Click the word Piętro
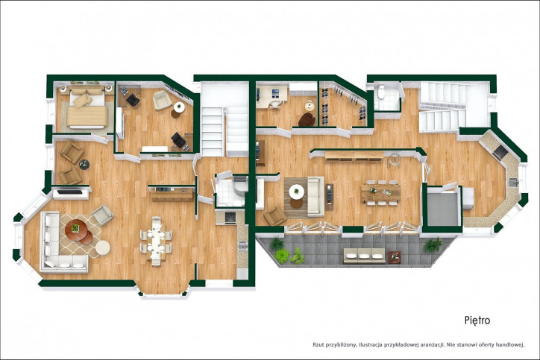click(x=477, y=320)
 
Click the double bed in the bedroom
click(x=87, y=108)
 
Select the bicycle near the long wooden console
click(x=394, y=160)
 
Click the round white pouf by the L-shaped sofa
click(x=103, y=247)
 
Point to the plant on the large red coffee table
click(x=75, y=227)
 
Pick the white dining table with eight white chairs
click(x=156, y=241)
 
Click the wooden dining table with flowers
click(x=380, y=193)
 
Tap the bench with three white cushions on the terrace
click(x=364, y=256)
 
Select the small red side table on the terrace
click(x=394, y=256)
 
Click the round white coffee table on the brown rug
click(x=297, y=192)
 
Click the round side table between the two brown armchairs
click(x=84, y=164)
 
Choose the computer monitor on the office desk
click(x=275, y=93)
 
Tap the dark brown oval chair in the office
click(x=307, y=119)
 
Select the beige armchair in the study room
click(x=162, y=100)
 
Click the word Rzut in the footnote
click(x=318, y=344)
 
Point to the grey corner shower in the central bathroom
click(x=240, y=186)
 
